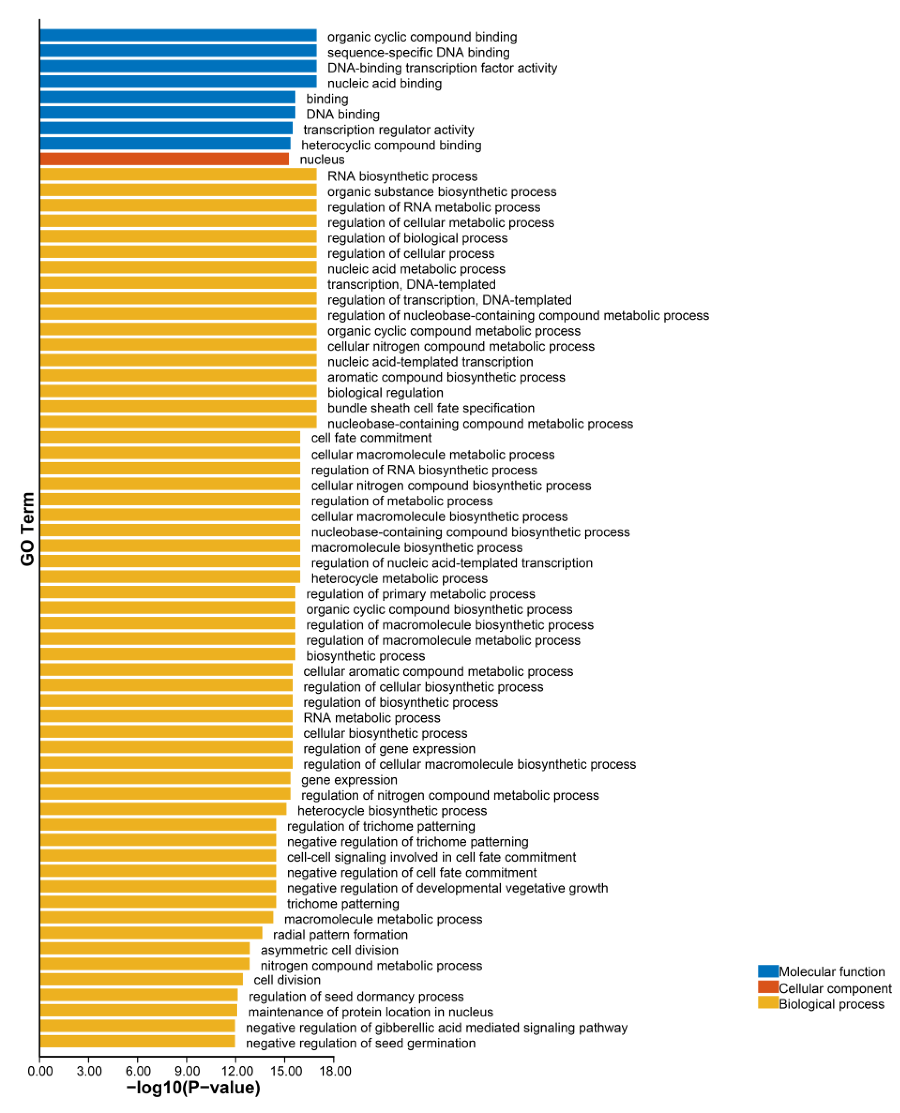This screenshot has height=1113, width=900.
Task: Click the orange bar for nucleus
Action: tap(164, 159)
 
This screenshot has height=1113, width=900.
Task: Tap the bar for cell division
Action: tap(141, 980)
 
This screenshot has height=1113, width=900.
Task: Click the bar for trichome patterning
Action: tap(158, 903)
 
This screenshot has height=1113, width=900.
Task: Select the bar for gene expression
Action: tap(165, 779)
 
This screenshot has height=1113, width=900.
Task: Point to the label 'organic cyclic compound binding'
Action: tap(422, 37)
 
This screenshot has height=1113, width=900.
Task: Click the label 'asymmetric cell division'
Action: tap(329, 950)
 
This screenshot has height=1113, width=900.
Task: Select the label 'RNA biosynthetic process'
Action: tap(402, 176)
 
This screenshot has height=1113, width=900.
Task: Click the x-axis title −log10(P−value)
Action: tap(193, 1088)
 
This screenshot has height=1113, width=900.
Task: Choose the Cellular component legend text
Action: tap(835, 988)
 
